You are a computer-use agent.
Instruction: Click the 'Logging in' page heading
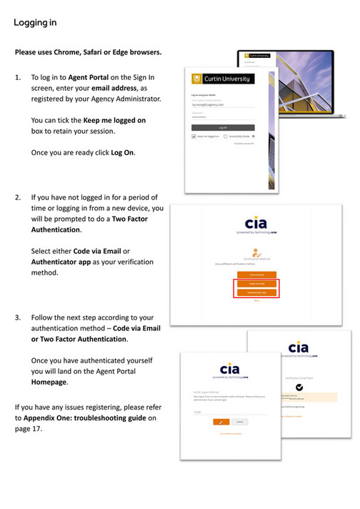35,23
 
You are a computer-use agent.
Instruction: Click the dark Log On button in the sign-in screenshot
223,127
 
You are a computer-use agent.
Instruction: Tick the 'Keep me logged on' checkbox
194,136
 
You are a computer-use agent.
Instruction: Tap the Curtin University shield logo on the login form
198,79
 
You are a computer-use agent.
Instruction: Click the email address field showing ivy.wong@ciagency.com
223,105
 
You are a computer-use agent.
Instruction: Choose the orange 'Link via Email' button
256,275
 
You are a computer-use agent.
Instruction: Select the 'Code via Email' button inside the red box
256,284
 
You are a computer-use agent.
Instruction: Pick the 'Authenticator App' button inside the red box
256,293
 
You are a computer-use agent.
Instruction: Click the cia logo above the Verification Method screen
256,223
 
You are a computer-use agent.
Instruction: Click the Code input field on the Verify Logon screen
229,412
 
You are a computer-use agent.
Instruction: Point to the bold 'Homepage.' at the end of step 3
50,382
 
